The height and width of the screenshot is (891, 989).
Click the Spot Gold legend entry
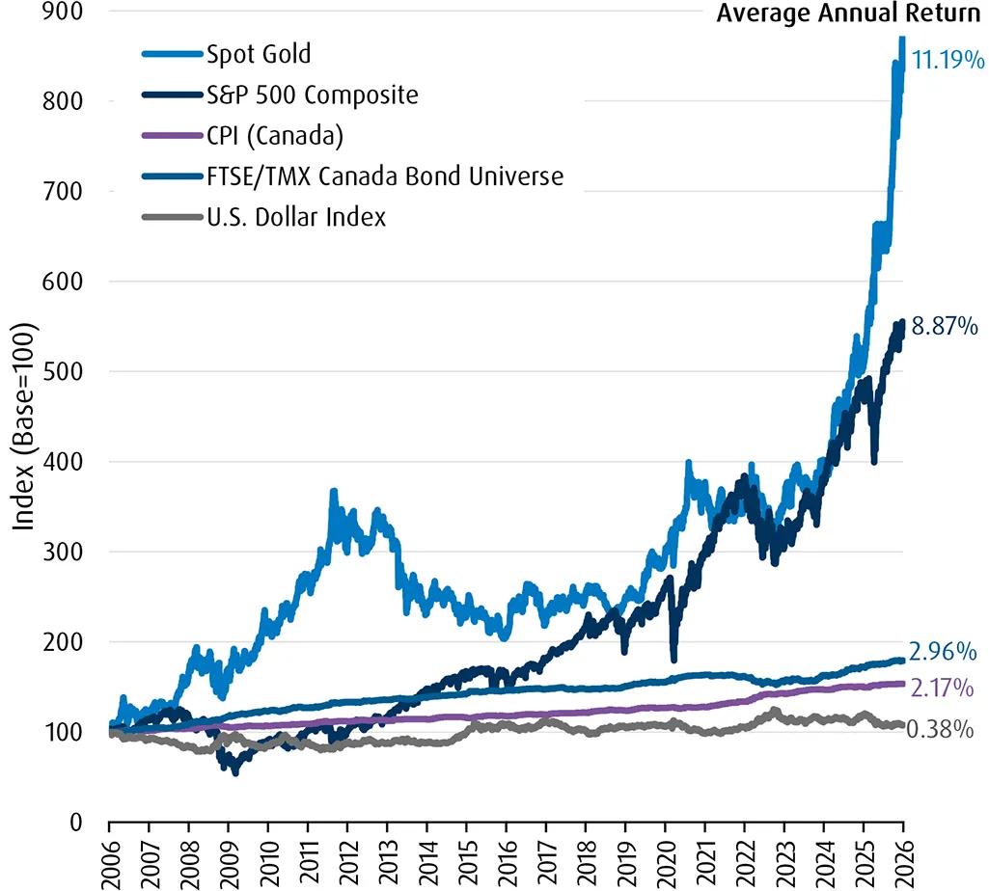tap(258, 53)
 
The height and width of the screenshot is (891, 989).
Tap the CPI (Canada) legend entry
tap(274, 136)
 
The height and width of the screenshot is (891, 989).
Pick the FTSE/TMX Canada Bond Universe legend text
tap(384, 176)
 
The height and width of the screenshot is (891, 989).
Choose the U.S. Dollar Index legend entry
tap(295, 218)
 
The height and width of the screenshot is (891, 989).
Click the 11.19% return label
tap(948, 62)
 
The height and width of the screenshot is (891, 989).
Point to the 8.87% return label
tap(945, 328)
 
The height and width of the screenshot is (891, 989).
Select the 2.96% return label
tap(943, 652)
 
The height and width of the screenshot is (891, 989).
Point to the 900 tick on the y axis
tap(66, 11)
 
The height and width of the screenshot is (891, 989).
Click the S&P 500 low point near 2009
tap(234, 771)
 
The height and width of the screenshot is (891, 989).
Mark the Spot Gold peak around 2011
tap(334, 492)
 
